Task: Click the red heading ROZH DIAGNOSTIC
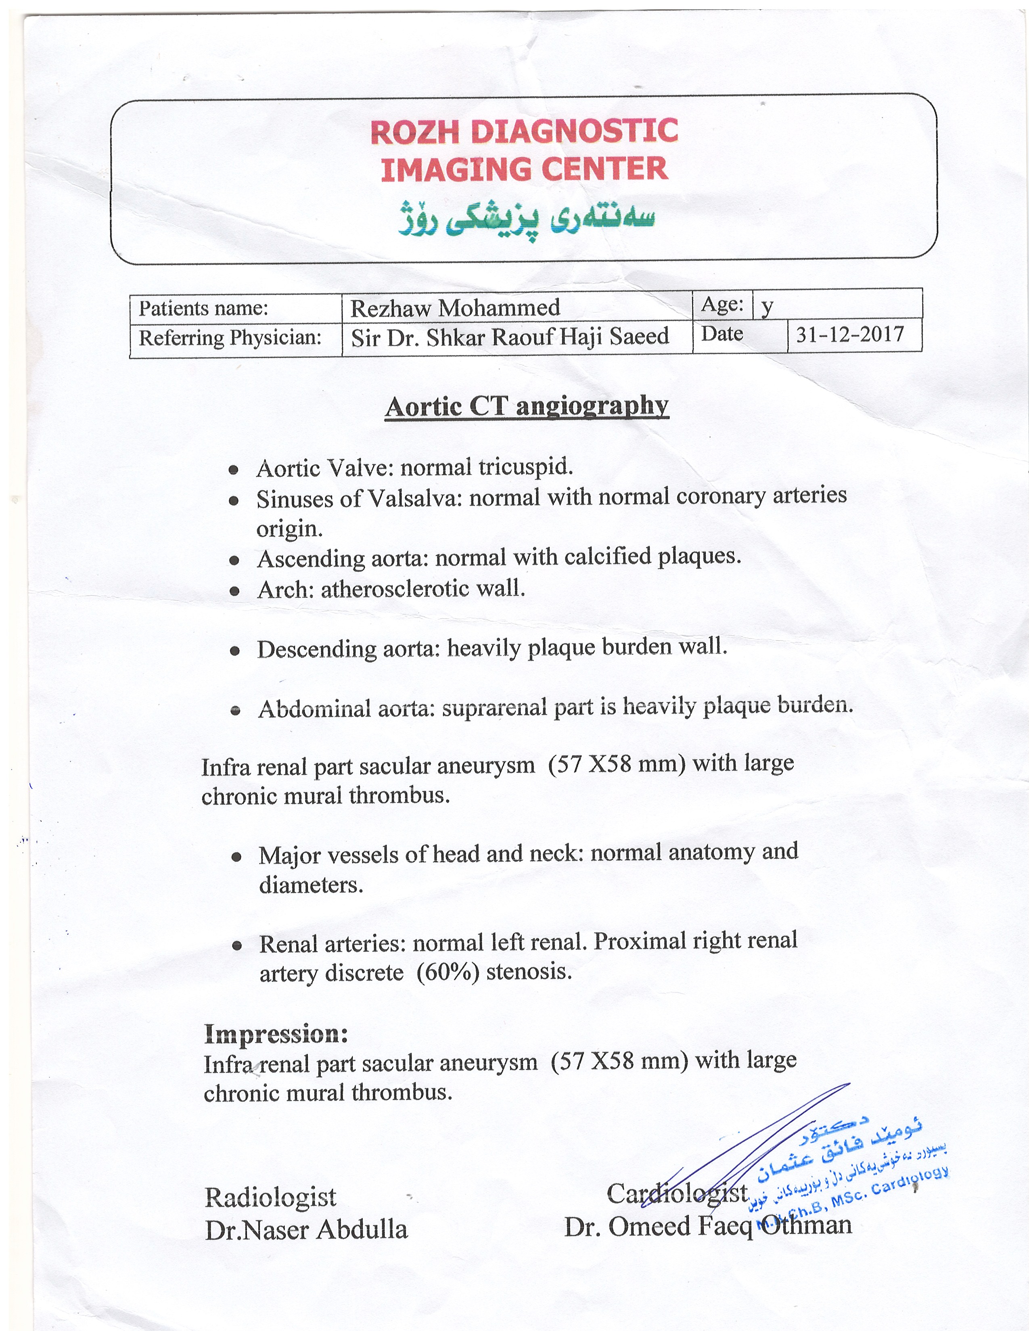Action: [524, 131]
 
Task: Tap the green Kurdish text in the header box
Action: [526, 222]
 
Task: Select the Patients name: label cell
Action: [204, 309]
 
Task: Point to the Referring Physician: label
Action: [230, 338]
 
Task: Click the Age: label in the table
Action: [722, 304]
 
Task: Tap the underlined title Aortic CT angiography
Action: [527, 407]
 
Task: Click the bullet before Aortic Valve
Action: [233, 470]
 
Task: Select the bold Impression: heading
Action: [276, 1034]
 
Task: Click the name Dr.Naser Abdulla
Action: [306, 1230]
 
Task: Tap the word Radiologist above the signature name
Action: [270, 1197]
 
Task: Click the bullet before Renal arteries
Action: [237, 946]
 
